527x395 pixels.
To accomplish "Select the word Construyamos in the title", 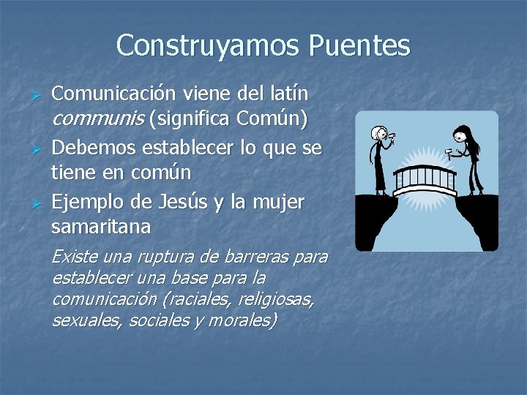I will click(209, 46).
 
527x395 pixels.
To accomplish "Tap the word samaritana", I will click(101, 227).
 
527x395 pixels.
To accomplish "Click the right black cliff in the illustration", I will click(476, 219).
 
